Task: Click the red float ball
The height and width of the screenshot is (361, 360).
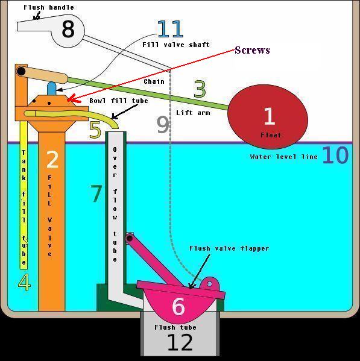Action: tap(268, 116)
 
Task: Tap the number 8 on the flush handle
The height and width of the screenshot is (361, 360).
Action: tap(68, 30)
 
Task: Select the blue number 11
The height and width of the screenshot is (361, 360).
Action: tap(171, 29)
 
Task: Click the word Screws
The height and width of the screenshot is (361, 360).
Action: tap(252, 50)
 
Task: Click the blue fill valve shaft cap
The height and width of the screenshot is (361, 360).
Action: tap(52, 89)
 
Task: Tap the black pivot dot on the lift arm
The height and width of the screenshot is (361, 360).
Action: tap(21, 71)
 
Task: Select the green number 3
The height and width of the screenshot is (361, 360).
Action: tap(200, 89)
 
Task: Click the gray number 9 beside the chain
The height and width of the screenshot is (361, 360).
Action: tap(163, 124)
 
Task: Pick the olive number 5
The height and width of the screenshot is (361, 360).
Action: tap(95, 130)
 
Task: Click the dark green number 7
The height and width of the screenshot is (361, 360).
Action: tap(96, 193)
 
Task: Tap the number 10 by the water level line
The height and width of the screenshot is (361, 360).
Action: tap(335, 155)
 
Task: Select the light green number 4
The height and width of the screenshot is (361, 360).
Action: tap(24, 282)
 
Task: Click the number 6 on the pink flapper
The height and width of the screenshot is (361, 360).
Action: tap(178, 306)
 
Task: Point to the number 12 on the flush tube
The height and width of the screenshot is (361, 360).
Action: tap(180, 342)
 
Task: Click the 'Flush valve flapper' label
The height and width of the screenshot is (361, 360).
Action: tap(229, 248)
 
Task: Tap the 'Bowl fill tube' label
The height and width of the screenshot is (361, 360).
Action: tap(119, 101)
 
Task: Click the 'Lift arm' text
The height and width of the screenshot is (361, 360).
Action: tap(193, 113)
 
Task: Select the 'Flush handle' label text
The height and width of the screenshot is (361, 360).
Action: tap(49, 7)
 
